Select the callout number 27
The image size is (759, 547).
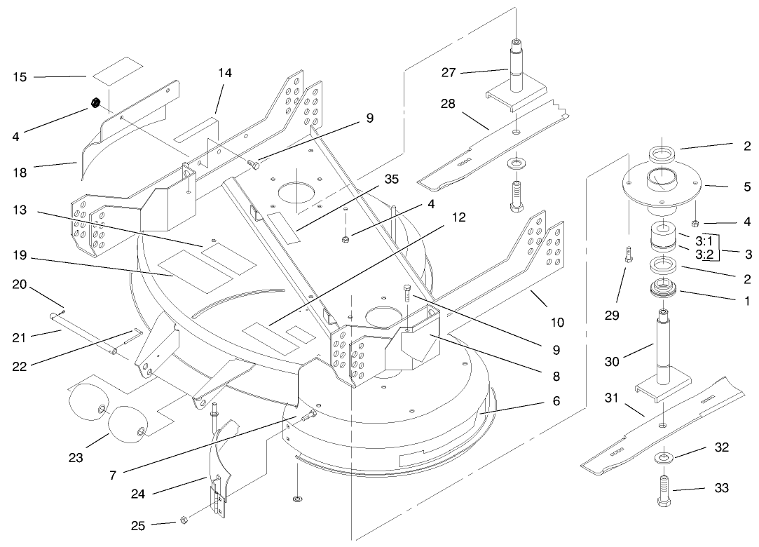pyautogui.click(x=449, y=72)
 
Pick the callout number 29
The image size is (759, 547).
pyautogui.click(x=612, y=316)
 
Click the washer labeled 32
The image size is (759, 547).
pyautogui.click(x=662, y=458)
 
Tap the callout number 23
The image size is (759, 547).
pyautogui.click(x=76, y=459)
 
